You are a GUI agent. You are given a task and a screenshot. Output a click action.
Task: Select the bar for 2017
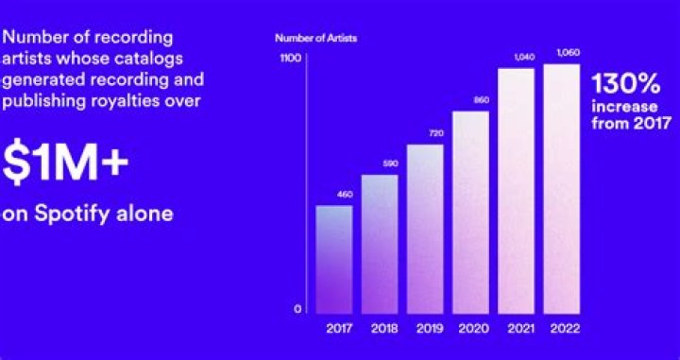coord(333,259)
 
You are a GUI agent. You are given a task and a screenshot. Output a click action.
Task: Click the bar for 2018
coord(379,243)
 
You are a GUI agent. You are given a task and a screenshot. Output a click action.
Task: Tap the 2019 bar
coord(425,228)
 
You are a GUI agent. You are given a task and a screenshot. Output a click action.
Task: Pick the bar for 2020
coord(470,212)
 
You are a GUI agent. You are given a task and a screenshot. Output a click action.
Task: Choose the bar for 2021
coord(517,190)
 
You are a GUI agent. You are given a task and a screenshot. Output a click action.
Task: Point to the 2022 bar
coord(562,187)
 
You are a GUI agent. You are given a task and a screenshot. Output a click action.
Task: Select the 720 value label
coord(425,135)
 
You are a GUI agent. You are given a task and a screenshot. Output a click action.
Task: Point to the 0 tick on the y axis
coord(296,310)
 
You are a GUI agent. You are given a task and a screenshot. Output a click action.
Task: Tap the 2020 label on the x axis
coord(470,329)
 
